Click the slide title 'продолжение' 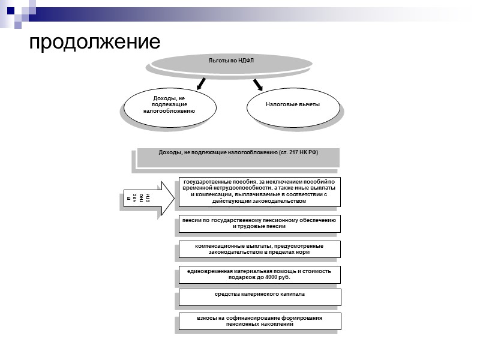(95, 41)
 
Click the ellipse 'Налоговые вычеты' (292, 104)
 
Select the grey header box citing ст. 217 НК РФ (238, 157)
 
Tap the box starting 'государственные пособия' (259, 191)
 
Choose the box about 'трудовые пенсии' (259, 224)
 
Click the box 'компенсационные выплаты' (259, 249)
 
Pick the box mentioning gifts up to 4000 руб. (259, 274)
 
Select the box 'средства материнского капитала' (259, 296)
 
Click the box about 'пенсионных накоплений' (259, 320)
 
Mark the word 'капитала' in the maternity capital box (291, 294)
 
